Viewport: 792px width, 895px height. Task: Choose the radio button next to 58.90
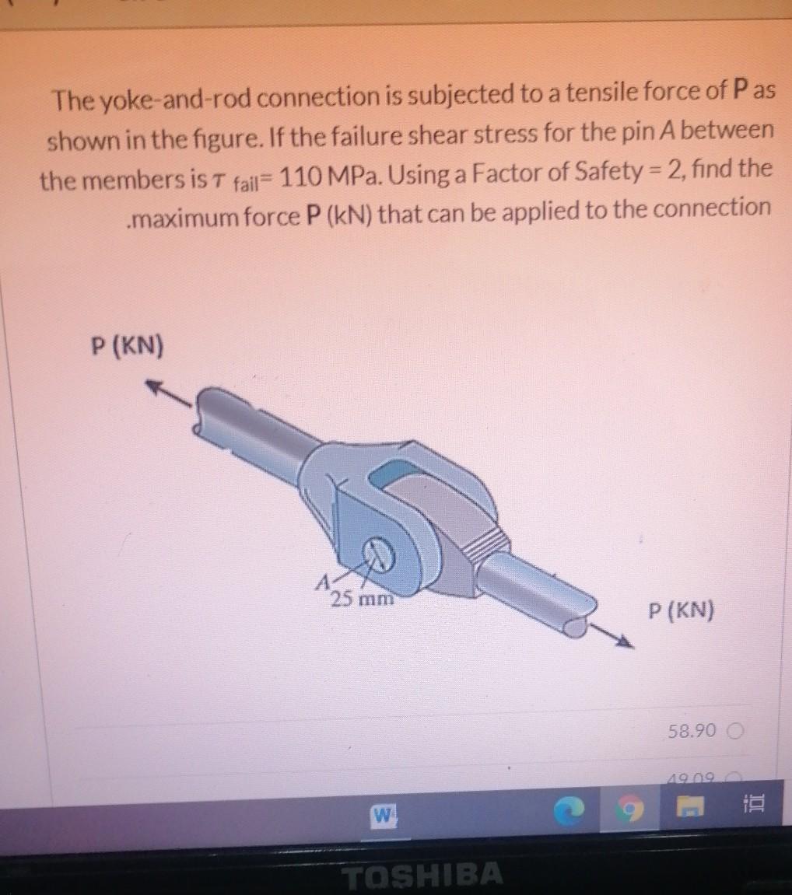[x=735, y=732]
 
